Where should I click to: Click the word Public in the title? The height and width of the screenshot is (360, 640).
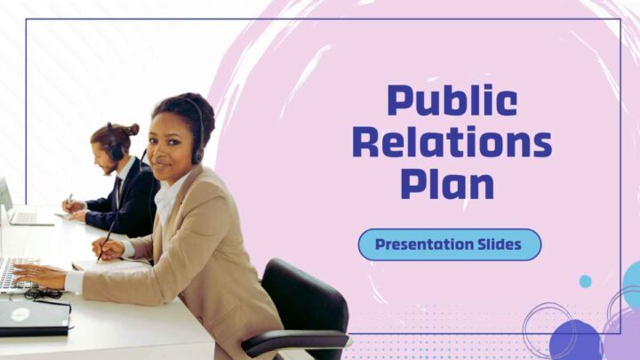(x=452, y=101)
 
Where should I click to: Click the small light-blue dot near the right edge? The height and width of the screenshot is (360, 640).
(x=585, y=281)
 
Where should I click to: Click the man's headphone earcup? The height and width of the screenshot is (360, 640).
(x=116, y=151)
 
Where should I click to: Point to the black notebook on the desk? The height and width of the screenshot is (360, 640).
(x=35, y=317)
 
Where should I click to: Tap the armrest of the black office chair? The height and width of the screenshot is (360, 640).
(x=295, y=342)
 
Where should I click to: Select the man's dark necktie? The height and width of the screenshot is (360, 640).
(x=117, y=192)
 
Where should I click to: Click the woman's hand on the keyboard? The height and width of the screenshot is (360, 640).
(x=39, y=275)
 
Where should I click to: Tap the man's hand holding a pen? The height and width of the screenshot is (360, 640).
(x=74, y=206)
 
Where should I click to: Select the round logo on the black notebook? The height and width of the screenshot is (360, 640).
(x=20, y=315)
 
